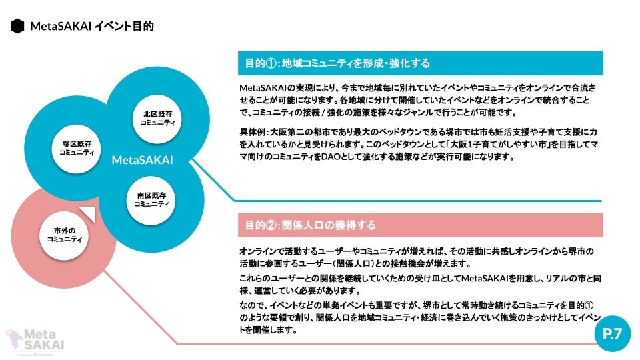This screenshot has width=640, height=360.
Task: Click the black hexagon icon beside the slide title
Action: pyautogui.click(x=17, y=27)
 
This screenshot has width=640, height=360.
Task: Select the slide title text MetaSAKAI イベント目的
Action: pyautogui.click(x=92, y=27)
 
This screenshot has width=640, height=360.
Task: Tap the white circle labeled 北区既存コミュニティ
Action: pyautogui.click(x=157, y=118)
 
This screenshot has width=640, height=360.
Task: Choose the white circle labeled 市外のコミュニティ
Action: pyautogui.click(x=64, y=234)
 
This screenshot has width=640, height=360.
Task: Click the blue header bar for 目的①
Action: pyautogui.click(x=420, y=63)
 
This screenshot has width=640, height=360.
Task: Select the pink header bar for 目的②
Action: pyautogui.click(x=420, y=225)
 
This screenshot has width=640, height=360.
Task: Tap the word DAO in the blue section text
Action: pyautogui.click(x=368, y=157)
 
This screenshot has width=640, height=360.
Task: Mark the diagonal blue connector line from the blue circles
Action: pyautogui.click(x=217, y=182)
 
